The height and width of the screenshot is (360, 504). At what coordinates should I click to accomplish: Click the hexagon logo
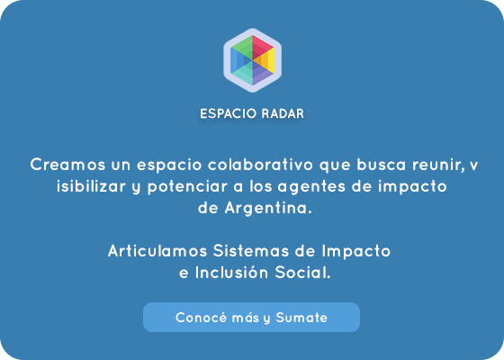[x=252, y=60]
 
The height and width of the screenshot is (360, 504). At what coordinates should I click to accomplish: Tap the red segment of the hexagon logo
[x=262, y=47]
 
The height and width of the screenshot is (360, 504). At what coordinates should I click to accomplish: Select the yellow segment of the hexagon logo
[x=266, y=61]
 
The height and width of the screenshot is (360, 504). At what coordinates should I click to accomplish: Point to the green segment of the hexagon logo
[x=243, y=47]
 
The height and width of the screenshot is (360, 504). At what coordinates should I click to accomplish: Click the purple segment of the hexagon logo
[x=262, y=73]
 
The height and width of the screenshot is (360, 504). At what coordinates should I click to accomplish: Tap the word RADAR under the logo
[x=283, y=113]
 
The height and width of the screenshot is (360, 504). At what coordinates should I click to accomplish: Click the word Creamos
[x=67, y=165]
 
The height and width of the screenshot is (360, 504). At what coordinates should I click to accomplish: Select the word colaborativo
[x=260, y=165]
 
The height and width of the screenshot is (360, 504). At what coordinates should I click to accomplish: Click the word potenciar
[x=187, y=187]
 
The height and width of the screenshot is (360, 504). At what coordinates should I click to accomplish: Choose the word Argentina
[x=268, y=208]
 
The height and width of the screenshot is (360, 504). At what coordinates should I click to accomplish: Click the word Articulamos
[x=157, y=251]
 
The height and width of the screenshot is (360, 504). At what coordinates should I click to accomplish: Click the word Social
[x=302, y=273]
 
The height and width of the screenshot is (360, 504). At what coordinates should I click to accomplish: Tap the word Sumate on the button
[x=301, y=318]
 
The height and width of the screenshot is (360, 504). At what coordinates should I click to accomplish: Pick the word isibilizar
[x=91, y=186]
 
